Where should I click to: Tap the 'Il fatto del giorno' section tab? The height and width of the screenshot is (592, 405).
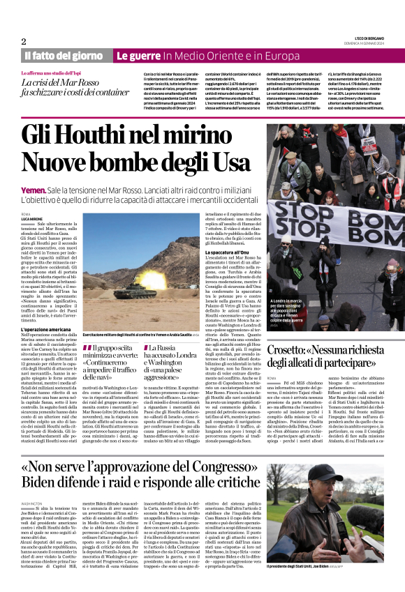64,55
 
